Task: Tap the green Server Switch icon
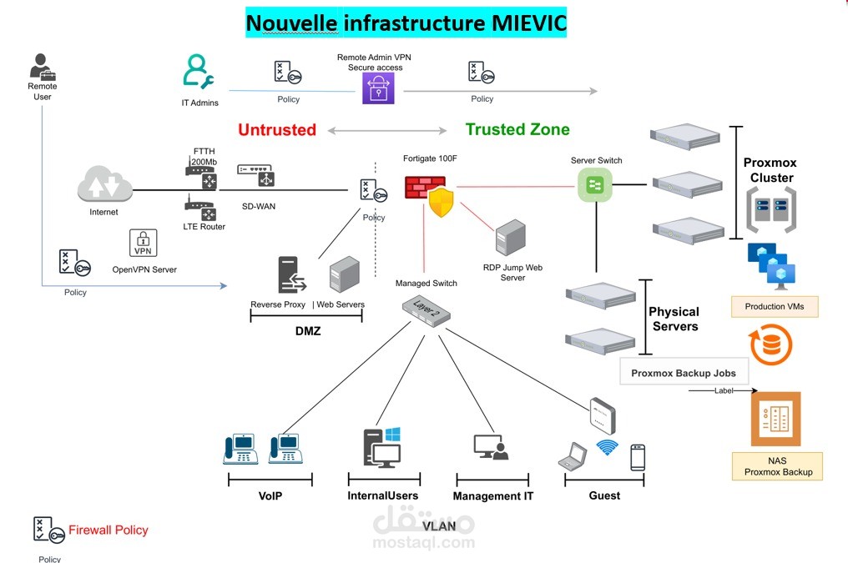(x=595, y=183)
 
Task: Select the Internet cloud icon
(x=104, y=184)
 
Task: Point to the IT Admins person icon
(x=199, y=73)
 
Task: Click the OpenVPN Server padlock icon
(x=144, y=243)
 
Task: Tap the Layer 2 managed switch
(x=427, y=311)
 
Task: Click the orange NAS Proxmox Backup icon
(x=775, y=419)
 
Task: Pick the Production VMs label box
(x=774, y=306)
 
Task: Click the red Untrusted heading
(x=277, y=130)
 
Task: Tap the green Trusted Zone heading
(x=517, y=129)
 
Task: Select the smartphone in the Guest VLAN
(x=638, y=457)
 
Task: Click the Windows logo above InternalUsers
(x=392, y=435)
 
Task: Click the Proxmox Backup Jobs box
(x=684, y=373)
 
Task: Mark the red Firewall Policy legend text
(x=108, y=530)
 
